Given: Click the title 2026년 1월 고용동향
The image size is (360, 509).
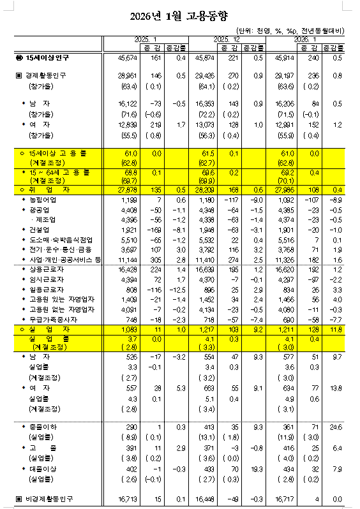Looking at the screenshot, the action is [x=181, y=15].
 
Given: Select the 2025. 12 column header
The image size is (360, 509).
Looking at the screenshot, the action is [x=225, y=39].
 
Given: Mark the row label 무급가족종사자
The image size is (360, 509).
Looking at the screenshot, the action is [x=46, y=319].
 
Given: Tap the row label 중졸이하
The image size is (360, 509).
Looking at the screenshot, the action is [x=40, y=425].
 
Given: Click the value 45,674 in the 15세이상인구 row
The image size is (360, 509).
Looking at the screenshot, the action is [x=128, y=58].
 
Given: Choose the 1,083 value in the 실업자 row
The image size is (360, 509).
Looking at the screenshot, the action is [x=130, y=328].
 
